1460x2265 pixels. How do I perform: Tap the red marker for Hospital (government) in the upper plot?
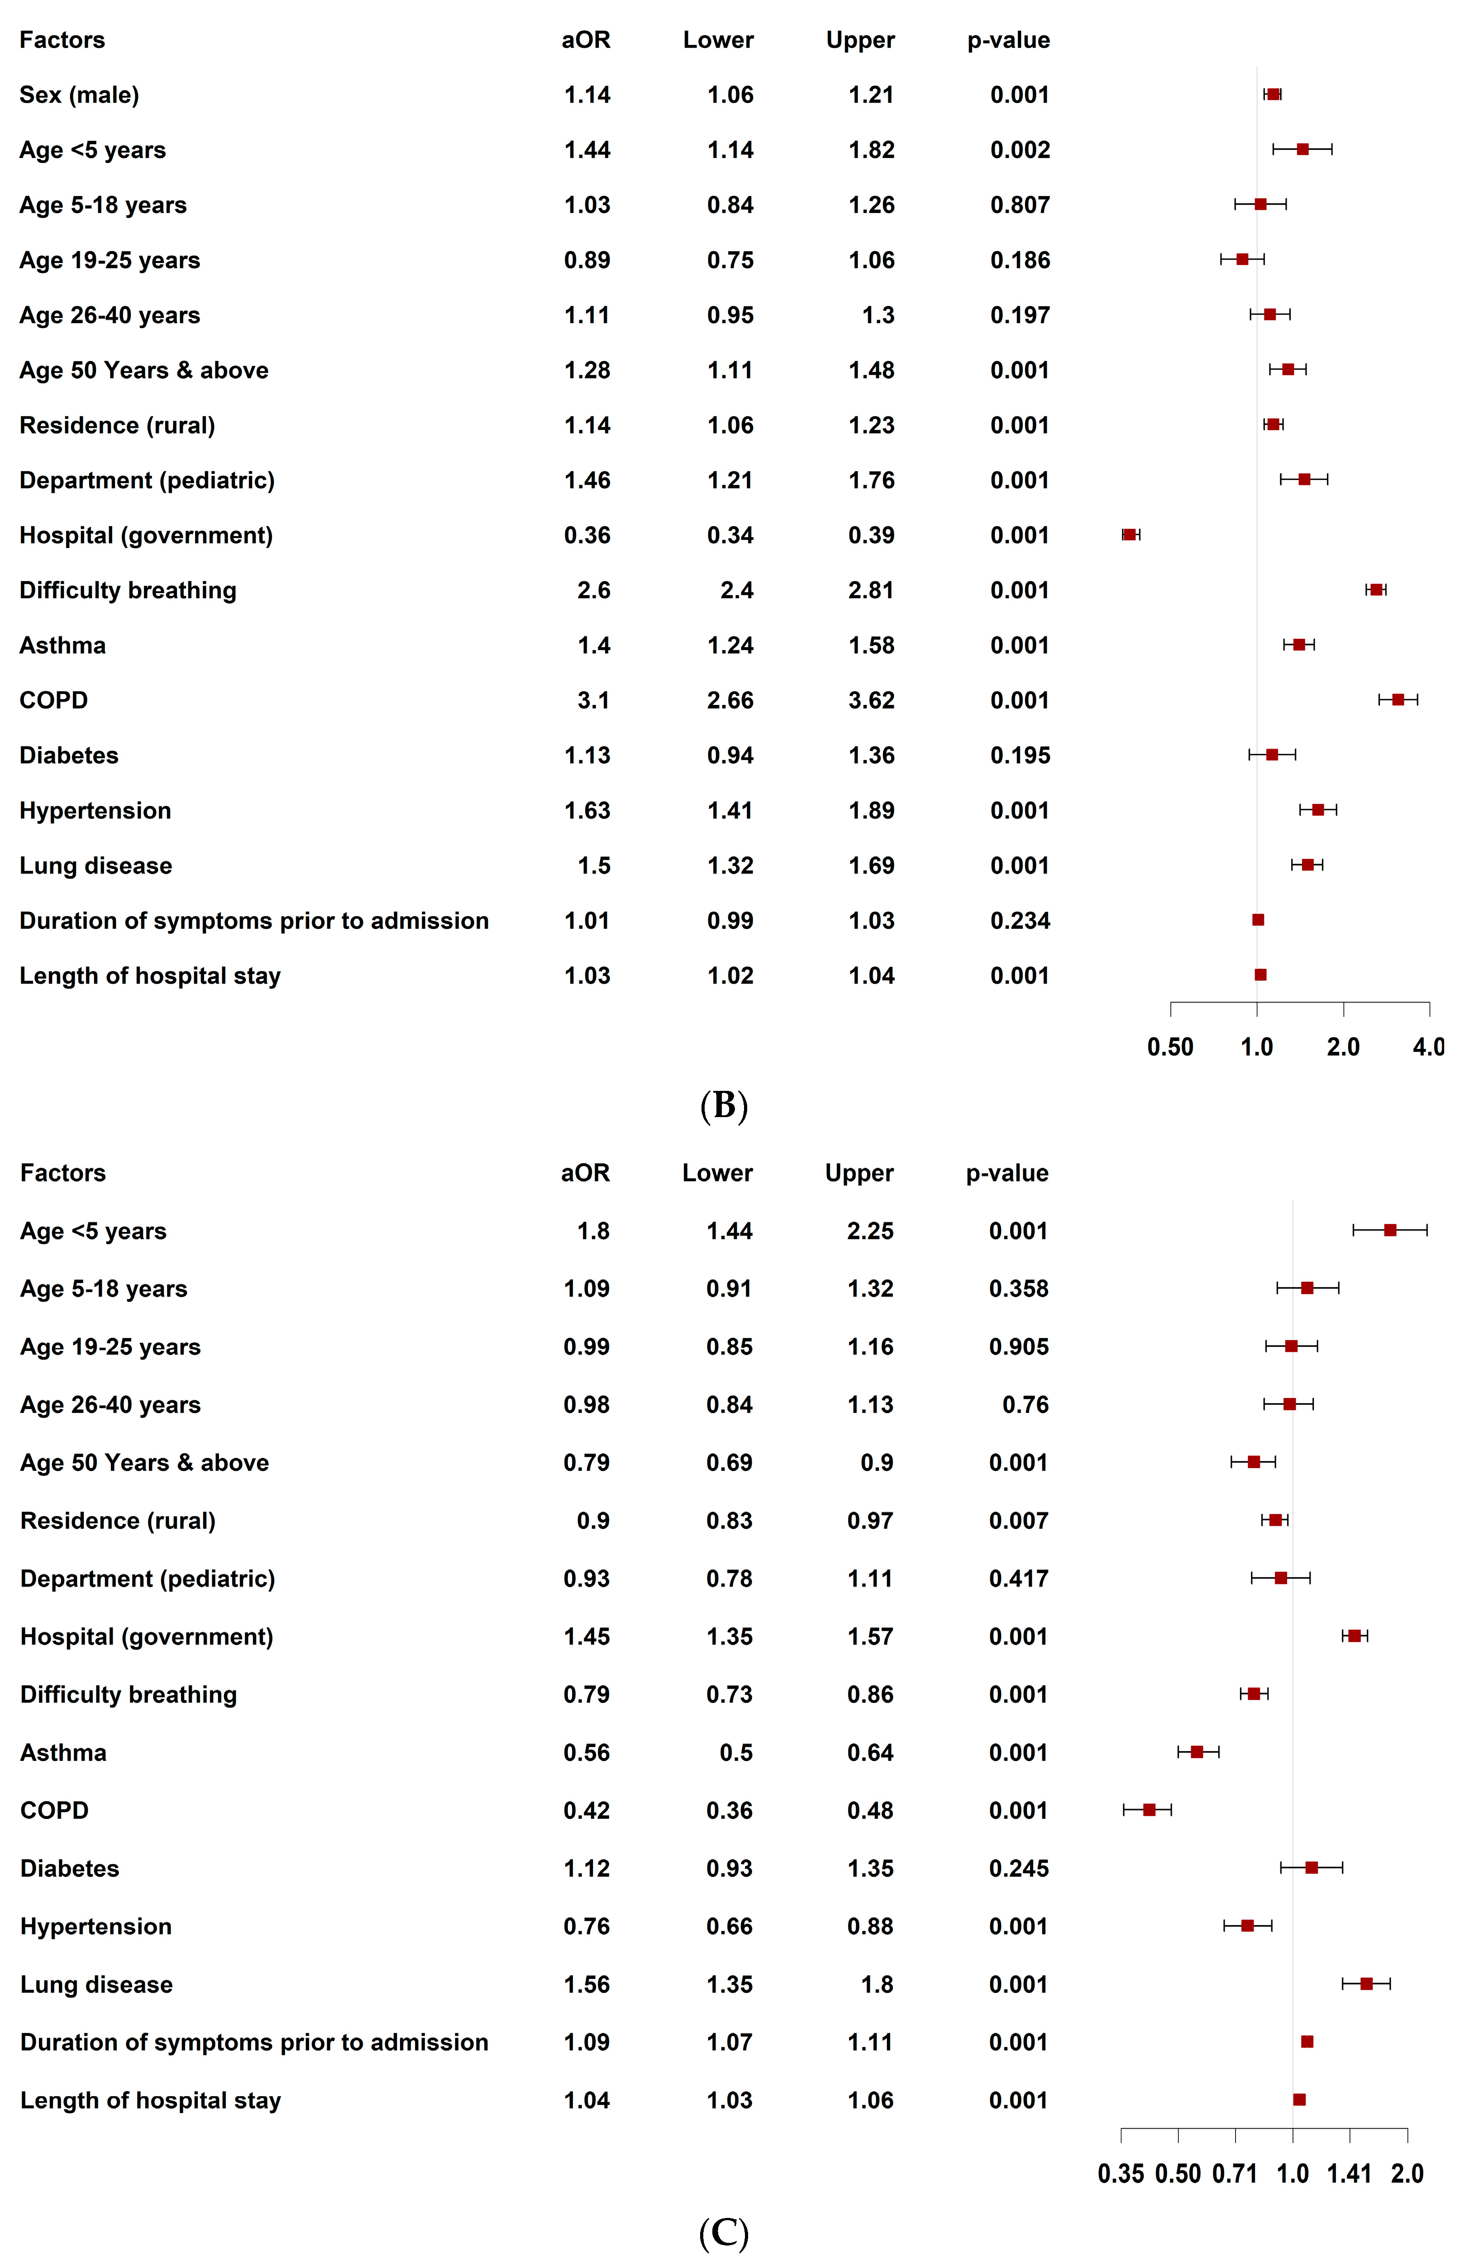coord(1129,534)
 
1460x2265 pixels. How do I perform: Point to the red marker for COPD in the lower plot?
coord(1149,1809)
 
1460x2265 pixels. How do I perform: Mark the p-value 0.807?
coord(1020,205)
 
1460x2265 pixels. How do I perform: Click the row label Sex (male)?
coord(80,95)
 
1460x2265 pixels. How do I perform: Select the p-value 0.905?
coord(1019,1347)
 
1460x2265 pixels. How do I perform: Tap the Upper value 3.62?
coord(871,700)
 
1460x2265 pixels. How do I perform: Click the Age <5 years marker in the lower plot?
coord(1390,1230)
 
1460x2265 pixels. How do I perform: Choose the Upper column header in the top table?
coord(860,40)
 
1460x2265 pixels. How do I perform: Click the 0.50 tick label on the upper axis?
coord(1170,1047)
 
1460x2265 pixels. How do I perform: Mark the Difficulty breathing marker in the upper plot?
coord(1376,590)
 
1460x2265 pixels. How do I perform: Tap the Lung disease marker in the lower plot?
coord(1366,1984)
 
